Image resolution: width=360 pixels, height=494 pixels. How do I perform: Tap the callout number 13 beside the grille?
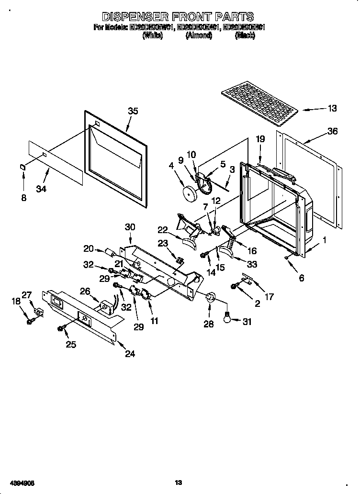coord(332,109)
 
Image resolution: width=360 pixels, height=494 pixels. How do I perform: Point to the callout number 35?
coord(133,111)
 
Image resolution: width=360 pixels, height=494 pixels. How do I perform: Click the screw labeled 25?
coord(61,328)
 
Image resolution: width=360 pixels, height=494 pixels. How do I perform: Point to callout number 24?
coord(130,354)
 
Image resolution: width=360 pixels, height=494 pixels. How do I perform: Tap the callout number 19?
coord(260,139)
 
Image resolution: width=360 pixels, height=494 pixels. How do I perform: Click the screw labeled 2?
coord(235,286)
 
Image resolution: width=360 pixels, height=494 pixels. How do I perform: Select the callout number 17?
coord(269,297)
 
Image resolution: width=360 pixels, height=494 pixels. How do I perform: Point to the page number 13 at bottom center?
coord(179,483)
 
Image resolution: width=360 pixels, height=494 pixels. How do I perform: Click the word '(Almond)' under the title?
coord(199,36)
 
